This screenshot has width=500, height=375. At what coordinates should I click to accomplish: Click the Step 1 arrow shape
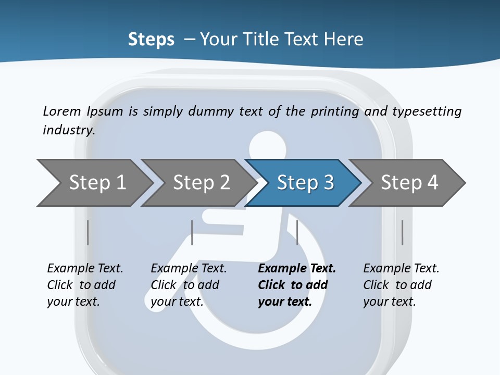96,183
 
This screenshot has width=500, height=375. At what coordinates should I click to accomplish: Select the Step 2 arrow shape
201,183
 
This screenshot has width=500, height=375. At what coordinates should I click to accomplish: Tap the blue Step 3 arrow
305,183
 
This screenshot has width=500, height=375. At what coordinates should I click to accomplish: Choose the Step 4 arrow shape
409,183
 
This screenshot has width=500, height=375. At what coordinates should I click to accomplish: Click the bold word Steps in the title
151,39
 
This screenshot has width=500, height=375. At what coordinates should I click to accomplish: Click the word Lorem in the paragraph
62,111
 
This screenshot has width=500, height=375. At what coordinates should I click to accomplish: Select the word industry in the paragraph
69,130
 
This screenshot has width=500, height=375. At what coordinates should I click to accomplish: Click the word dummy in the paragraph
211,111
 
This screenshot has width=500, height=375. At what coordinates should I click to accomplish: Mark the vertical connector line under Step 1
88,232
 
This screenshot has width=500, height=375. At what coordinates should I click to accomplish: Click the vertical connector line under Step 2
192,232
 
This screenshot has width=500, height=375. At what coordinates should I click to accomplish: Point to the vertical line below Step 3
297,232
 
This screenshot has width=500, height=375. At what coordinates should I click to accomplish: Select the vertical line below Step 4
402,232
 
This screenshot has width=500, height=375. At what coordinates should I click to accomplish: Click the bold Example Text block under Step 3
296,285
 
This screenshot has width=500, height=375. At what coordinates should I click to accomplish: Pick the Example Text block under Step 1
85,285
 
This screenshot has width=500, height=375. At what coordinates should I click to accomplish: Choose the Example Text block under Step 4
401,285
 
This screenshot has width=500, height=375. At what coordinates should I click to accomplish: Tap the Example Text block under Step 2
189,285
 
